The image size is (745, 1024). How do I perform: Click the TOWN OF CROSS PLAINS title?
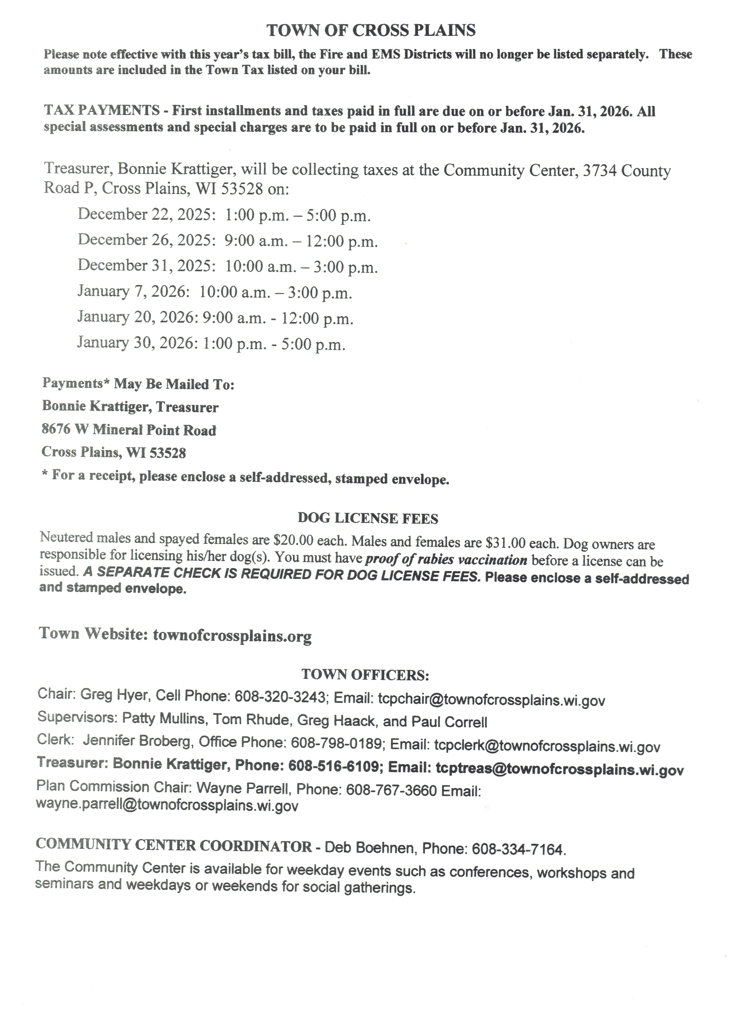click(371, 30)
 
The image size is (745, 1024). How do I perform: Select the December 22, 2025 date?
click(144, 214)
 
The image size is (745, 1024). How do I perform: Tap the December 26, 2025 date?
click(144, 240)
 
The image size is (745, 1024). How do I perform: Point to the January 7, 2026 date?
click(131, 291)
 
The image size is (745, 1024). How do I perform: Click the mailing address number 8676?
click(56, 429)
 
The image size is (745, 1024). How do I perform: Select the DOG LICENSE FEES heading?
click(368, 518)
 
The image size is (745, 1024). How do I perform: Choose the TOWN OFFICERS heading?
click(365, 674)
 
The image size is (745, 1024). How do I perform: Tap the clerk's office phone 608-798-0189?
click(337, 743)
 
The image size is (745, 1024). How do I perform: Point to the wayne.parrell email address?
click(167, 805)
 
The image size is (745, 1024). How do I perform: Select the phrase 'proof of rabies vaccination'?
click(446, 560)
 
